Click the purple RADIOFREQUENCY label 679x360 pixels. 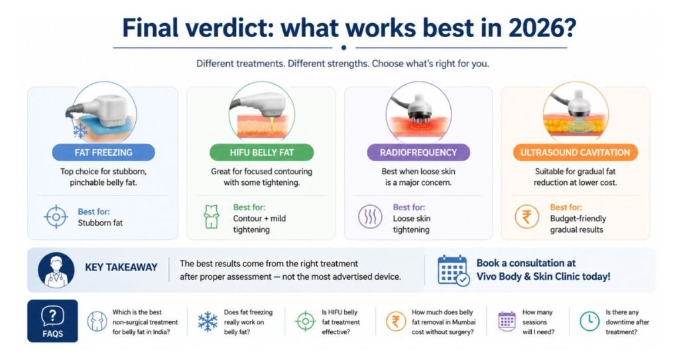(418, 152)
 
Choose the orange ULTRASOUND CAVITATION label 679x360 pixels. (575, 152)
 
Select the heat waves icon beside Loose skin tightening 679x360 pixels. (369, 217)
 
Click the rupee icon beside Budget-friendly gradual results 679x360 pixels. (526, 217)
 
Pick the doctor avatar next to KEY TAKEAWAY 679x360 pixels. (56, 269)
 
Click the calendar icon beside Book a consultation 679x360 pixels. (453, 270)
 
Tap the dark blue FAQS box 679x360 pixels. (52, 321)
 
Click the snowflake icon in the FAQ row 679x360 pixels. (208, 322)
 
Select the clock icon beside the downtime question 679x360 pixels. (589, 322)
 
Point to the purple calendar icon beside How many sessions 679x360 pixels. (507, 322)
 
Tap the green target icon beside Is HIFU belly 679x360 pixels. (305, 322)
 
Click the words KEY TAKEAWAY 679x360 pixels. (121, 268)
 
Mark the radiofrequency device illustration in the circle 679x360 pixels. (418, 113)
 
